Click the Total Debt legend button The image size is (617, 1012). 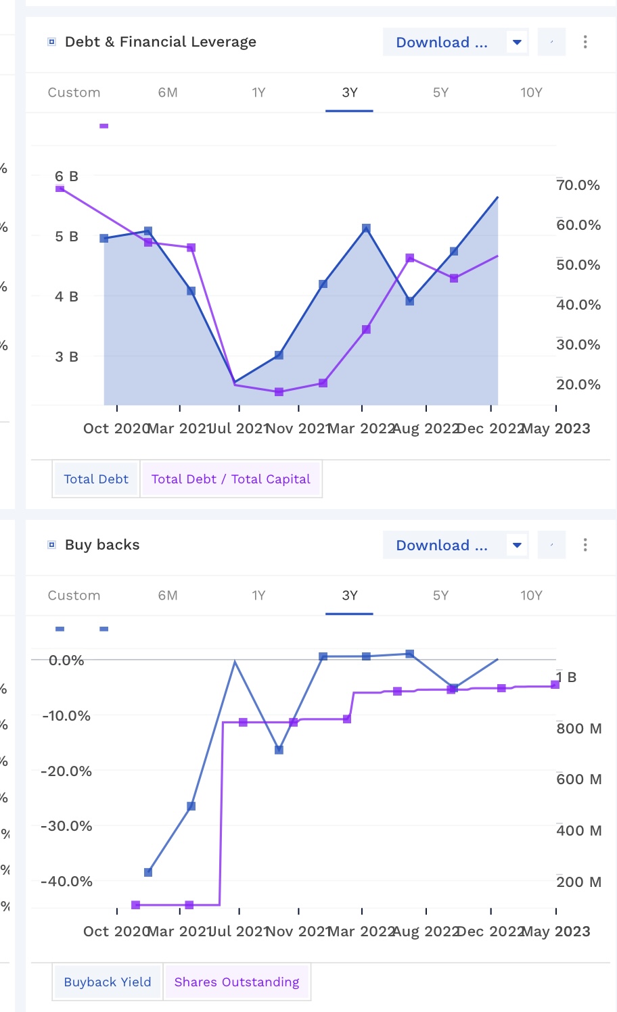coord(96,479)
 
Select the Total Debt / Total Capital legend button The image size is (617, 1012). coord(231,479)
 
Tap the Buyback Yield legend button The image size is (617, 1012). coord(107,982)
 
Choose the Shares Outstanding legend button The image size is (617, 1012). coord(237,982)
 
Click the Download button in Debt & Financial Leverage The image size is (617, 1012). coord(442,43)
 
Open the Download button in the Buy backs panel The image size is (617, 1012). coord(442,546)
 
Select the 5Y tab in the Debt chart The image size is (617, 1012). coord(440,93)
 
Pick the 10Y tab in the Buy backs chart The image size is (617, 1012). coord(531,596)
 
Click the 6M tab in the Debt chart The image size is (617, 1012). coord(168,93)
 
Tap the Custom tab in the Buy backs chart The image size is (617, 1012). coord(74,596)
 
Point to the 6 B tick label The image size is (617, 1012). coord(66,176)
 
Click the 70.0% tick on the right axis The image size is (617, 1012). coord(578,185)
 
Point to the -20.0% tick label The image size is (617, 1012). coord(66,771)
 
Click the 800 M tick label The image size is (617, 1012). coord(579,729)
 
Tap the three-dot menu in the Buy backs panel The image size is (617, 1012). coord(585,545)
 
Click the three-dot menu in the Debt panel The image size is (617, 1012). coord(585,42)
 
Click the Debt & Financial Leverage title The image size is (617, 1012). coord(160,42)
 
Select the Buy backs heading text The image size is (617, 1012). coord(102,545)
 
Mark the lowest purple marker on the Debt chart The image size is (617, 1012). coord(279,392)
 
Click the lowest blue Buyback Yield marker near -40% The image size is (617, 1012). coord(148,872)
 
